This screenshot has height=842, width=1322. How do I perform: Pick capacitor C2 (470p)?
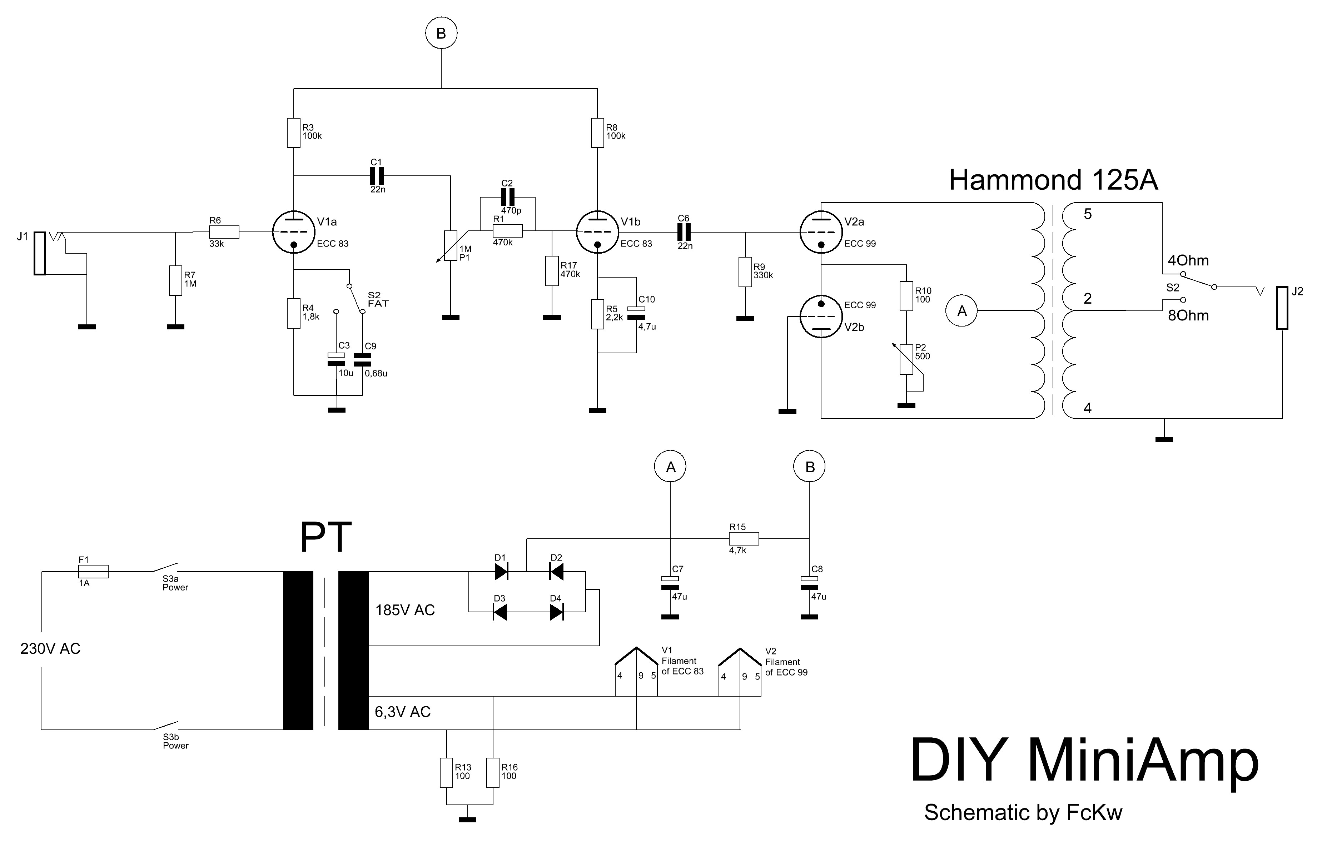[507, 197]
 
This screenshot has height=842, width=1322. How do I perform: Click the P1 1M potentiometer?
[450, 245]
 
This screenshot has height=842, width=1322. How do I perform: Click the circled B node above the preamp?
[441, 34]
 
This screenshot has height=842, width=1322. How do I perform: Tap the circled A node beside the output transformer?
[961, 311]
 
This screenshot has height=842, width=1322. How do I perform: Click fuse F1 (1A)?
[93, 572]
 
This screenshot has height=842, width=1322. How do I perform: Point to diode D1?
[501, 572]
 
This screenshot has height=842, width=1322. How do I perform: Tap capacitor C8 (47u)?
[809, 583]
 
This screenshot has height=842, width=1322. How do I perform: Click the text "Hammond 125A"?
[1053, 180]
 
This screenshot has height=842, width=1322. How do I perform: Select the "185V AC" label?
[404, 610]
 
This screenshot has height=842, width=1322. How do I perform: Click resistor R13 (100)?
[446, 773]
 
